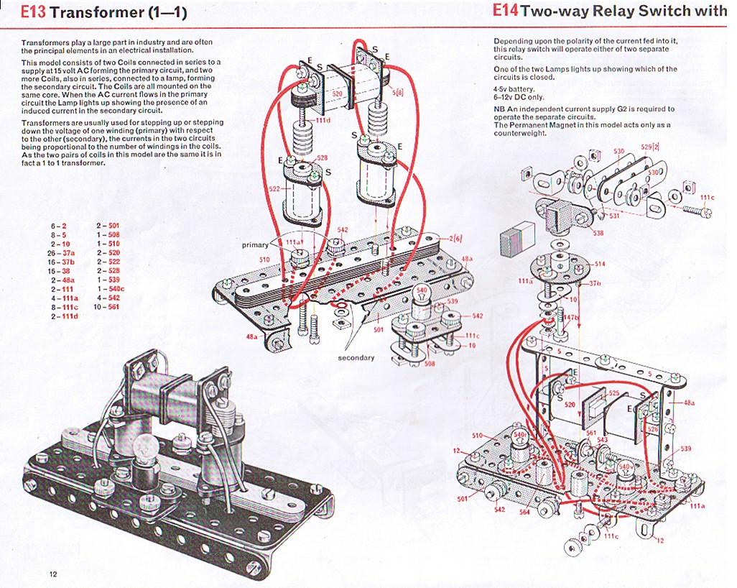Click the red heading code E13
click(x=34, y=12)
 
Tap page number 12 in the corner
click(x=53, y=573)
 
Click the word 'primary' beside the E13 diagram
click(x=255, y=245)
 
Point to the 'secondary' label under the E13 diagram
click(x=356, y=357)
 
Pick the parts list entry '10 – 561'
click(x=107, y=307)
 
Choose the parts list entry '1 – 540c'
click(x=110, y=288)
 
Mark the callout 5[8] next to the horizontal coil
click(x=397, y=93)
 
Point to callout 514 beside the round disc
click(x=600, y=264)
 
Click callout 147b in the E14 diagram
click(x=570, y=316)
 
